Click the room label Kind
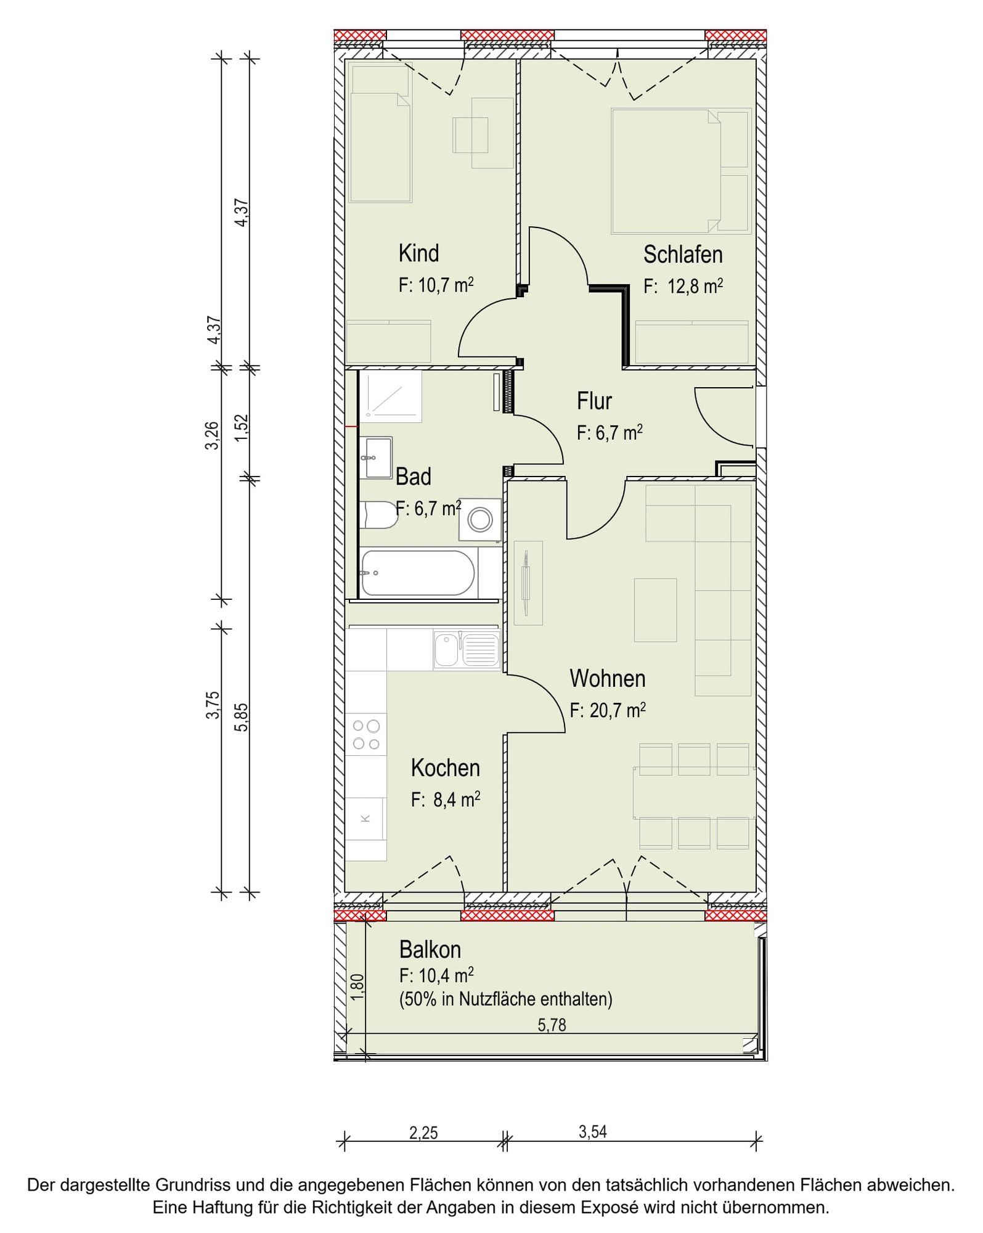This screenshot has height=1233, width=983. point(418,253)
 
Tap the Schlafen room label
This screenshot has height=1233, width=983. point(683,254)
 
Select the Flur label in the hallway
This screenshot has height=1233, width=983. point(594,401)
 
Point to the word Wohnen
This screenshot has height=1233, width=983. point(608,678)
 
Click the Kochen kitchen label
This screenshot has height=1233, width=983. point(445,768)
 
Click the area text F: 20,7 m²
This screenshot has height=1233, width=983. point(608,710)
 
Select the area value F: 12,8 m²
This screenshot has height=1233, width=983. point(683,286)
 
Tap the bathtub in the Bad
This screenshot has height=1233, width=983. point(417,573)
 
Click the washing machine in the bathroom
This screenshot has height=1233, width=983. point(479,520)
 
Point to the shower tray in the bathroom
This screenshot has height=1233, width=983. point(390,396)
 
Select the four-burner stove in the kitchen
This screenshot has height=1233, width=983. point(365,734)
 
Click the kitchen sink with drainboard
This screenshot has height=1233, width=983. point(467,650)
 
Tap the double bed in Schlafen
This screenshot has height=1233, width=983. point(666,171)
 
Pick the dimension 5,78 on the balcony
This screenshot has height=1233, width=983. point(552,1025)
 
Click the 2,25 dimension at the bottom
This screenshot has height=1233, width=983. point(423,1133)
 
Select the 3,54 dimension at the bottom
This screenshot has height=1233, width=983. point(593,1132)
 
